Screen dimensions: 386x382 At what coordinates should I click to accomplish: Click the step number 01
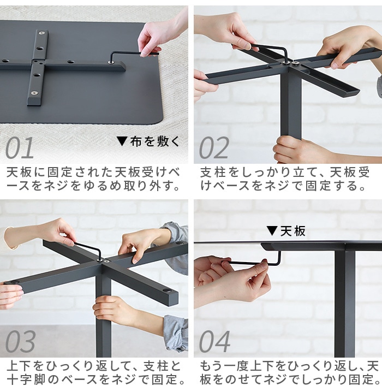[x=20, y=148]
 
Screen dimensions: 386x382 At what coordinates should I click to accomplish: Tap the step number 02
[x=214, y=148]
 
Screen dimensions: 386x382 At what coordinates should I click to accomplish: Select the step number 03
[x=20, y=342]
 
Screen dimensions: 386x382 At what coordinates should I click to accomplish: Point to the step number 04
[x=214, y=342]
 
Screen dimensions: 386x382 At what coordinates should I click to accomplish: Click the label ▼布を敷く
[x=148, y=142]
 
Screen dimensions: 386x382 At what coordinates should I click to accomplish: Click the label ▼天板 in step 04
[x=286, y=231]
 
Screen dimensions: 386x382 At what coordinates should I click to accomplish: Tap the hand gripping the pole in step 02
[x=297, y=150]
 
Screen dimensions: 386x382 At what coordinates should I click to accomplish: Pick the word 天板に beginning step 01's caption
[x=24, y=173]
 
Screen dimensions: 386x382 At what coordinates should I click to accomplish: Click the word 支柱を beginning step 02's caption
[x=218, y=173]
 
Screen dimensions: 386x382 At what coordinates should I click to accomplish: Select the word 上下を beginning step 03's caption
[x=24, y=366]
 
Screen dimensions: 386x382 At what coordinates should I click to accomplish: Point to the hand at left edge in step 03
[x=10, y=295]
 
